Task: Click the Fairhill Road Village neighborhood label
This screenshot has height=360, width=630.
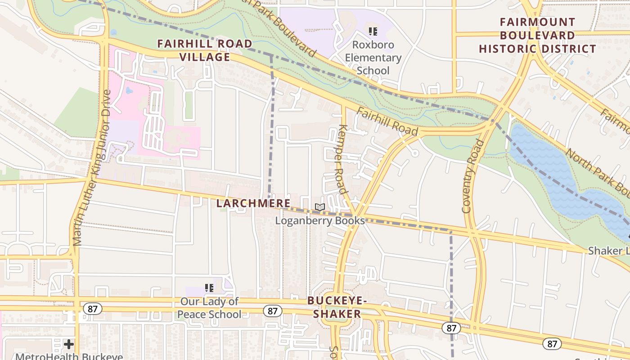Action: [205, 50]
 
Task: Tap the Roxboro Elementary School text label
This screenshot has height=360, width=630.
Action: [373, 58]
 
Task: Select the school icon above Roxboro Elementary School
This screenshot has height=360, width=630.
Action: [373, 31]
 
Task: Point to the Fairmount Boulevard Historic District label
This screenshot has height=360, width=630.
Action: [537, 35]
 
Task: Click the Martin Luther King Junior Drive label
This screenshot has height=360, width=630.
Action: [92, 168]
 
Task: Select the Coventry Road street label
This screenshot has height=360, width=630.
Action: [472, 176]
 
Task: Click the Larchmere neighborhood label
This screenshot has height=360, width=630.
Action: [253, 203]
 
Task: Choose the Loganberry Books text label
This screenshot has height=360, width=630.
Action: [319, 220]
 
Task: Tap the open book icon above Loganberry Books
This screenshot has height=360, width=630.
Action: [319, 207]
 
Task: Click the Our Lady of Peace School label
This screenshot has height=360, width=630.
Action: [209, 308]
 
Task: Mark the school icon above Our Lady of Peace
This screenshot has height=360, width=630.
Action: [209, 288]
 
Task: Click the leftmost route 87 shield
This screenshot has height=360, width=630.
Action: [92, 309]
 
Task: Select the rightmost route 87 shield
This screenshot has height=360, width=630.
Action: [552, 344]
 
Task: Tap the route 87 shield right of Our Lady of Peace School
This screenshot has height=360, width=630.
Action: [273, 311]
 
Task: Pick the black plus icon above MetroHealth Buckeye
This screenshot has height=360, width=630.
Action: [69, 344]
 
